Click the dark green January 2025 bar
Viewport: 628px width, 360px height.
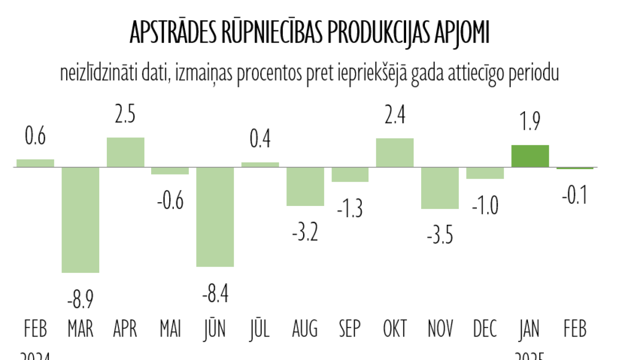pos(530,156)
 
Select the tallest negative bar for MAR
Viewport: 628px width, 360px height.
pos(80,220)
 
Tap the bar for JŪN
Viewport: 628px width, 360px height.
pos(215,217)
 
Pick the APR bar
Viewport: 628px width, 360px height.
pos(126,152)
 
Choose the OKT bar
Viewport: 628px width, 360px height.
pos(395,153)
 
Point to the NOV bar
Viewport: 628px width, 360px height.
pos(440,188)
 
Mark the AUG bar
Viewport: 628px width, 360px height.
pos(305,186)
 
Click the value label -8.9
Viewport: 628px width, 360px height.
pos(80,299)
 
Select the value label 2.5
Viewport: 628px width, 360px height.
pos(125,114)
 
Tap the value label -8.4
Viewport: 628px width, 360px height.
pos(215,293)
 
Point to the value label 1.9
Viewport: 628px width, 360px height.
pos(530,121)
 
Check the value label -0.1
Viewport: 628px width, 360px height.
pos(575,195)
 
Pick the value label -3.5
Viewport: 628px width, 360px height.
pos(440,235)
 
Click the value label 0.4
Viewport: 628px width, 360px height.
pos(260,139)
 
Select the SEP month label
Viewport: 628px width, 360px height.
pos(350,329)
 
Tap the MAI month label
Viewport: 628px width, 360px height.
pos(170,329)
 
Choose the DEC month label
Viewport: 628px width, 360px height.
pos(485,329)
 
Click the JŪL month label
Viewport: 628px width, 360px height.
pos(260,329)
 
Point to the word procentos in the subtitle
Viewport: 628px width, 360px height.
pos(270,74)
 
